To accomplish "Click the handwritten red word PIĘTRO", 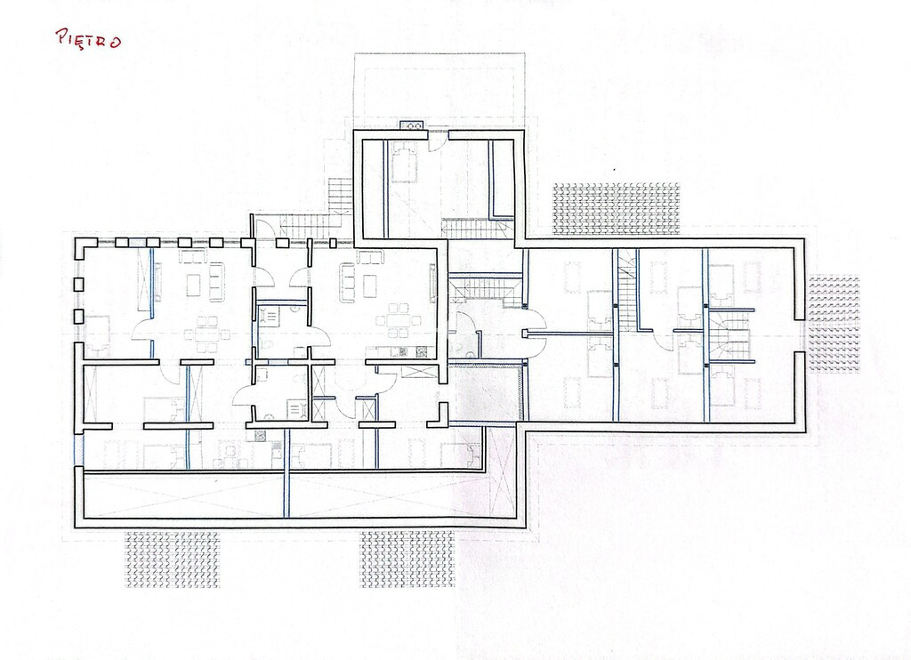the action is pyautogui.click(x=88, y=39).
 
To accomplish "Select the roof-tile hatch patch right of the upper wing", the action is pyautogui.click(x=616, y=208).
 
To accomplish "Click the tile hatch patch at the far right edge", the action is pyautogui.click(x=834, y=324).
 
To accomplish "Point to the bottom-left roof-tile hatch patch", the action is pyautogui.click(x=173, y=559).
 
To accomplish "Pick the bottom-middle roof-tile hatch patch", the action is pyautogui.click(x=407, y=559).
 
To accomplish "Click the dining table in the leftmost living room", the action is pyautogui.click(x=206, y=334).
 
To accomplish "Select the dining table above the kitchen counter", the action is pyautogui.click(x=399, y=319).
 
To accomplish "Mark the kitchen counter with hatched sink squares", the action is pyautogui.click(x=401, y=351).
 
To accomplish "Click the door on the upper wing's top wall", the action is pyautogui.click(x=439, y=140).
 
